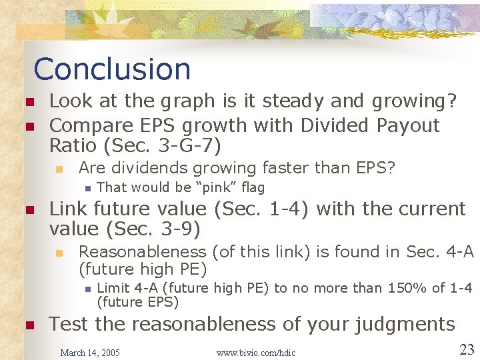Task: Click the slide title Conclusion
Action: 112,69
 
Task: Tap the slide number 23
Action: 466,349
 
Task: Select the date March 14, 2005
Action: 90,352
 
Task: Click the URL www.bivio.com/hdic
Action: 256,352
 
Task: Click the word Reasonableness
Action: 142,251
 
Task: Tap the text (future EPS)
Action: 138,302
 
